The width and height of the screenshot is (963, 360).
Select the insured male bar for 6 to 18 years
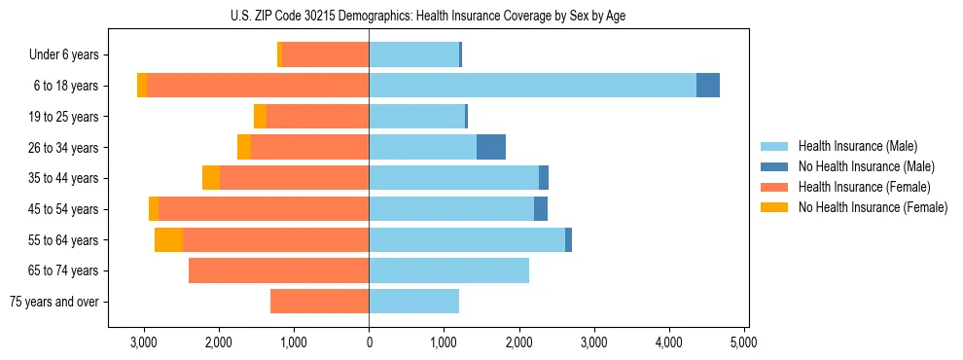click(532, 86)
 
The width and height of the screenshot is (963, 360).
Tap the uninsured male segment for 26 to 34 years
click(491, 147)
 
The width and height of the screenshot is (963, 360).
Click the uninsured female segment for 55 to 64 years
click(168, 240)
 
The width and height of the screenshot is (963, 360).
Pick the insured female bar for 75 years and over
click(319, 302)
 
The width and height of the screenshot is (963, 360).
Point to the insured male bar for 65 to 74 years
click(448, 270)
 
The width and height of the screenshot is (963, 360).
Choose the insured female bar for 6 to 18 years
click(258, 86)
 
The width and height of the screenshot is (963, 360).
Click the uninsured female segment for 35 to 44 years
click(211, 178)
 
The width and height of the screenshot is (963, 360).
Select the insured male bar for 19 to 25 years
click(416, 117)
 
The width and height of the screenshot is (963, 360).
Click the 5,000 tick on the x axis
click(744, 342)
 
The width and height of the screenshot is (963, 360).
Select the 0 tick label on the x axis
click(369, 342)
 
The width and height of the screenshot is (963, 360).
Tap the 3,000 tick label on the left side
click(144, 342)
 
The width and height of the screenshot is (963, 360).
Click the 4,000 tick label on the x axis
click(669, 342)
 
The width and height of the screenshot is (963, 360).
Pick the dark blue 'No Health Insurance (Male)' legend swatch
click(774, 166)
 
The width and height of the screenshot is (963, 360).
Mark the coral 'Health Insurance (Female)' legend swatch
click(774, 187)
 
